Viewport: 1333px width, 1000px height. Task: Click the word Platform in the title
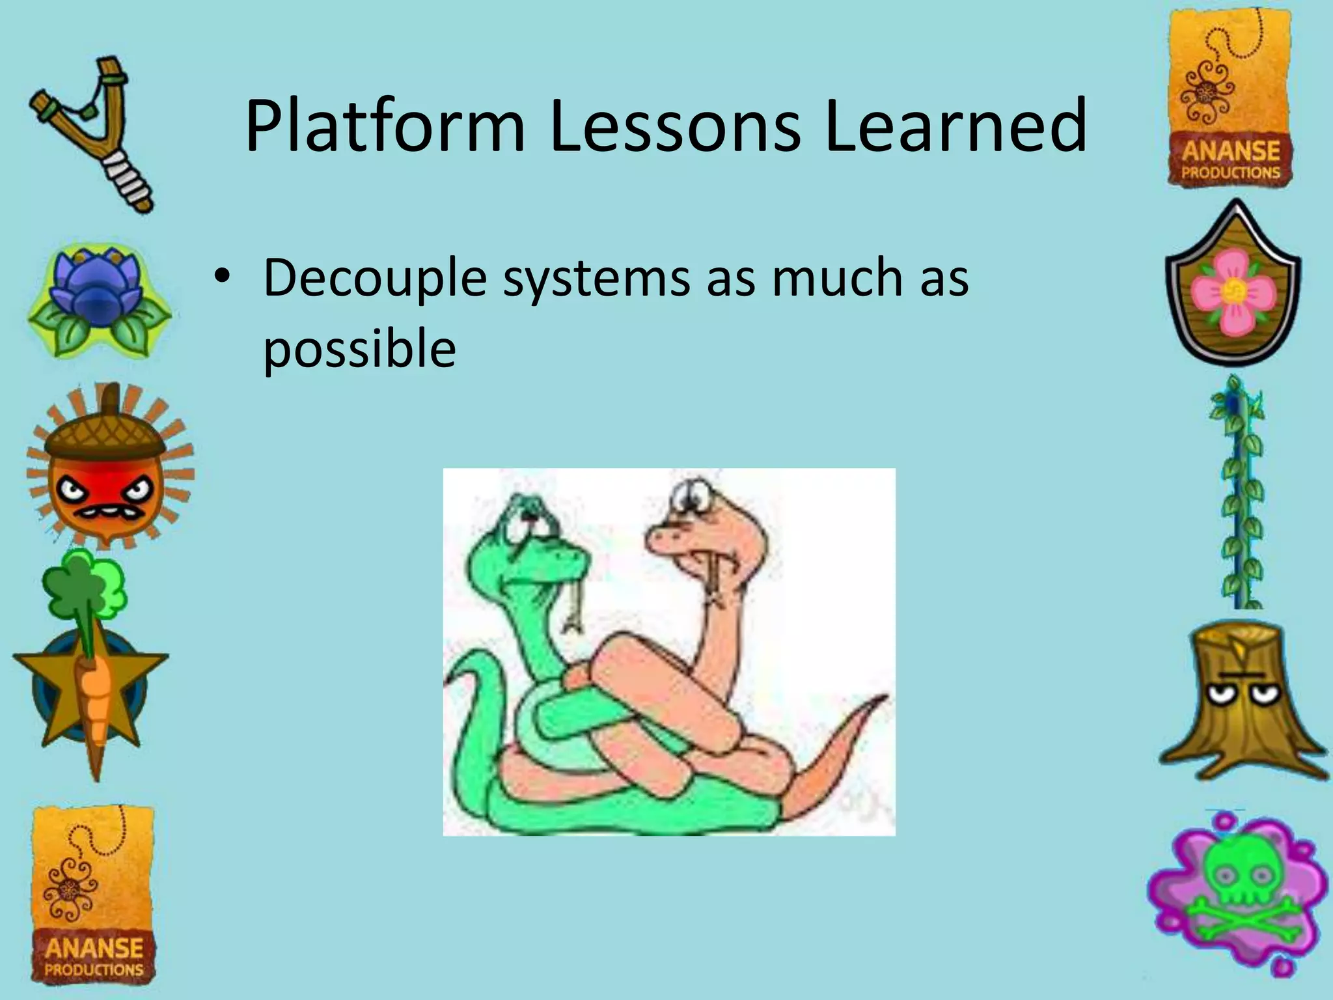click(x=385, y=127)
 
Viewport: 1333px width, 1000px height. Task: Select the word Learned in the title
click(x=955, y=127)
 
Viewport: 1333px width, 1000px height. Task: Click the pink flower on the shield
click(x=1232, y=293)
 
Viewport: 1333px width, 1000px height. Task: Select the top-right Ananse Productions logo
click(x=1230, y=98)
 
